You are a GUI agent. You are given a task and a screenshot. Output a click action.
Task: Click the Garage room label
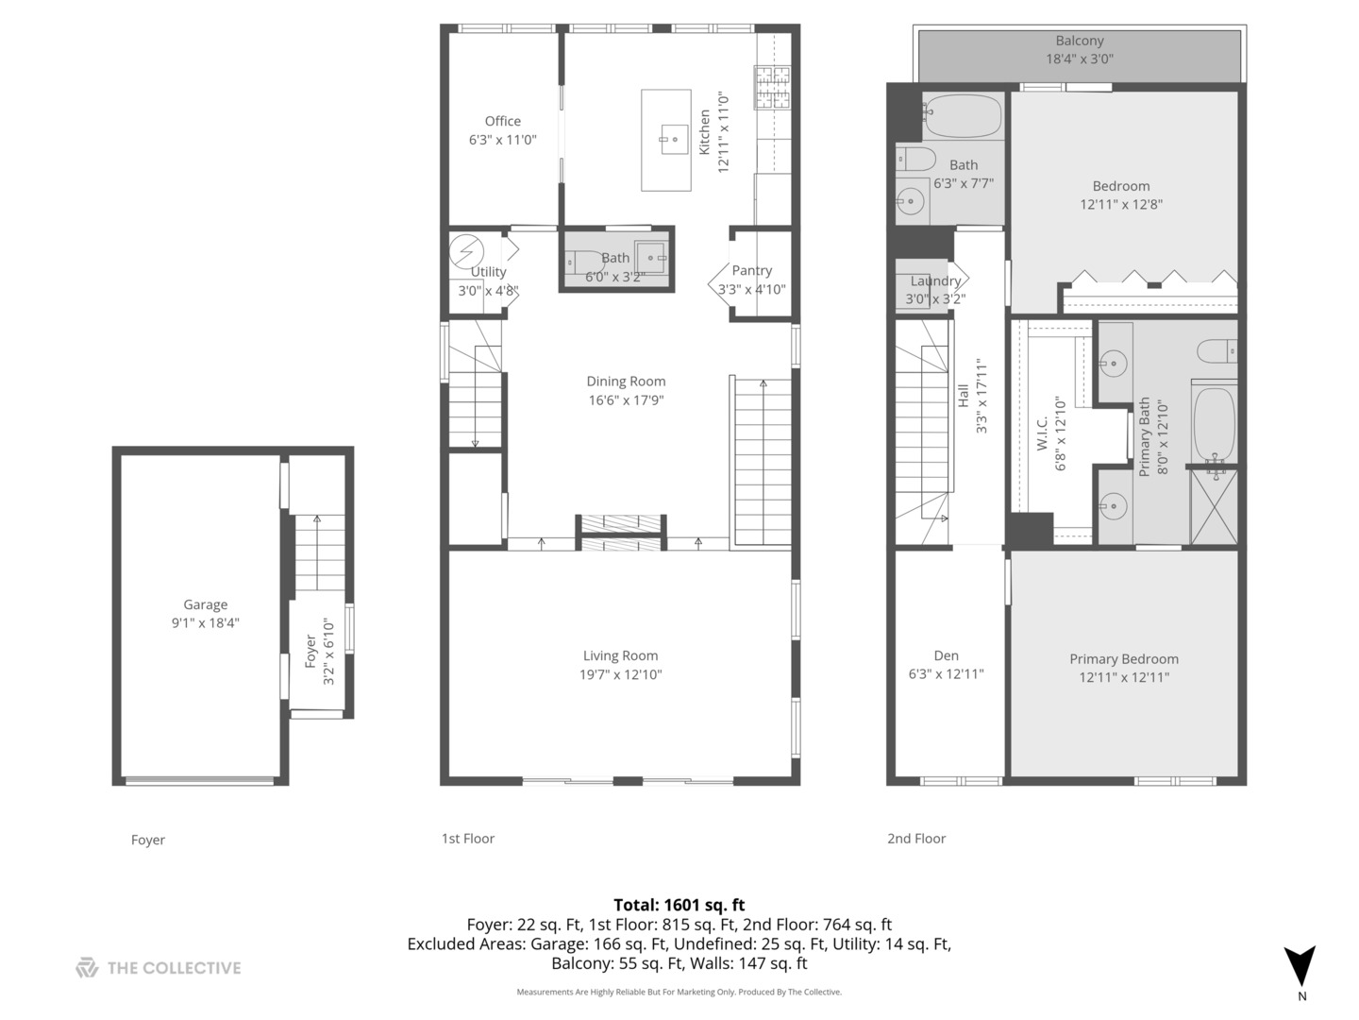[x=205, y=603]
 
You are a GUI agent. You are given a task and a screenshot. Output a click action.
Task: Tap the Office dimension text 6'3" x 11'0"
[x=502, y=140]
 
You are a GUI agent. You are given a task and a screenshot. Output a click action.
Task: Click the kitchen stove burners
[x=772, y=87]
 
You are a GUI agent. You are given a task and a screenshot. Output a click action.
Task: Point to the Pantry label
[x=751, y=271]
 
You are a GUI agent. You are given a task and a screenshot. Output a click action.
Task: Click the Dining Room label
[x=626, y=381]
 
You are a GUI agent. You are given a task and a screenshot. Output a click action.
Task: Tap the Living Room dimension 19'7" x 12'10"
[x=620, y=673]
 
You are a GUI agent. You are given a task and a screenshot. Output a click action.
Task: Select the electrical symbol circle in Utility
[x=466, y=251]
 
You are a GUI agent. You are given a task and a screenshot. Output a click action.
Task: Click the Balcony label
[x=1080, y=41]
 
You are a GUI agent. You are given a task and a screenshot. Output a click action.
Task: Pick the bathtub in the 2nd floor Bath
[x=962, y=116]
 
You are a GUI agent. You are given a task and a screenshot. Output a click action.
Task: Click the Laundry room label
[x=935, y=281]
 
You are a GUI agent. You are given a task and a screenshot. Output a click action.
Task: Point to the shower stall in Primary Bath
[x=1214, y=507]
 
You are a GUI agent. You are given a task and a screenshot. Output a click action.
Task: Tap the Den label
[x=946, y=655]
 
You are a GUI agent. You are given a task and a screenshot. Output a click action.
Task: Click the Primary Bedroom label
[x=1124, y=659]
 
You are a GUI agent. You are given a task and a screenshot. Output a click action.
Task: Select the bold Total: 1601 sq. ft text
[x=679, y=905]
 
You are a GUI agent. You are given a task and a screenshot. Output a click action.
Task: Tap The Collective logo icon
[x=87, y=967]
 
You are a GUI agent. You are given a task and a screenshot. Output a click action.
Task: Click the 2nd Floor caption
[x=916, y=838]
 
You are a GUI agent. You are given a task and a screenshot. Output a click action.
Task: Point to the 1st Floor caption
[x=467, y=838]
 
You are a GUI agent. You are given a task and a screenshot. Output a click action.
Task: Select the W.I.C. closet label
[x=1043, y=433]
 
